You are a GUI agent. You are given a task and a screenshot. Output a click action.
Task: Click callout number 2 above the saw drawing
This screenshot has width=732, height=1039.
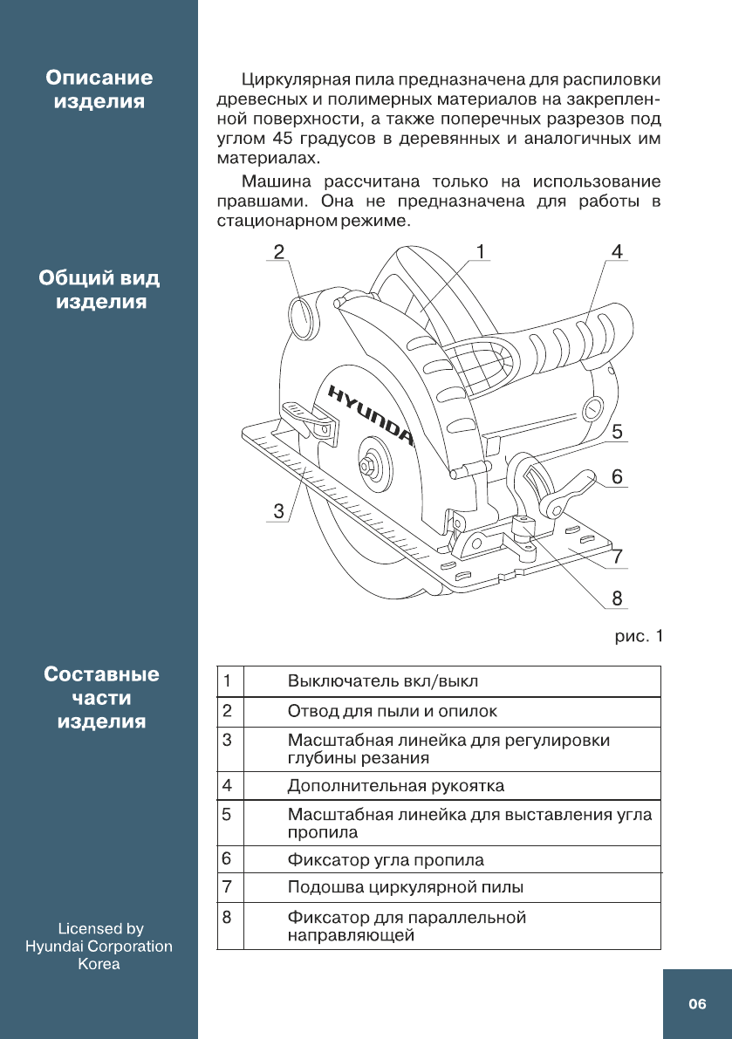[277, 252]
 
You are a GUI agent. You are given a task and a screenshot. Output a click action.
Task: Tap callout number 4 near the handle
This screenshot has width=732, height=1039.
[617, 252]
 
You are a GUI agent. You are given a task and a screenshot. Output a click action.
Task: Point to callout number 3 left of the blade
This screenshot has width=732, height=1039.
[278, 511]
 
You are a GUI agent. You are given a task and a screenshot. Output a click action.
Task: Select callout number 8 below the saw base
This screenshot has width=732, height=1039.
[617, 598]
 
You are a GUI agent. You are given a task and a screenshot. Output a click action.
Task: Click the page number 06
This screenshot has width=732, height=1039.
[696, 1004]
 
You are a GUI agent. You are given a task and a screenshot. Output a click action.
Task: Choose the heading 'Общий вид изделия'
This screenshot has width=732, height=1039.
[99, 291]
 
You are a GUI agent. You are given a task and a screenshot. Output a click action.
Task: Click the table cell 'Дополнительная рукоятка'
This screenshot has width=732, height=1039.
[396, 786]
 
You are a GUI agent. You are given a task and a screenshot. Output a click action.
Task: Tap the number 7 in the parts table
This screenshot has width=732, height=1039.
[227, 887]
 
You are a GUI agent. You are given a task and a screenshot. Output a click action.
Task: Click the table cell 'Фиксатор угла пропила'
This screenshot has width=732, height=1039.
[386, 860]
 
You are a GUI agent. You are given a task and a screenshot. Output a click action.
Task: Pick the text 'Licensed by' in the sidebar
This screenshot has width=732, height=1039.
[99, 929]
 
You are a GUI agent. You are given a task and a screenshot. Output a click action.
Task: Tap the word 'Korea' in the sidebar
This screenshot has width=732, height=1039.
[99, 964]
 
